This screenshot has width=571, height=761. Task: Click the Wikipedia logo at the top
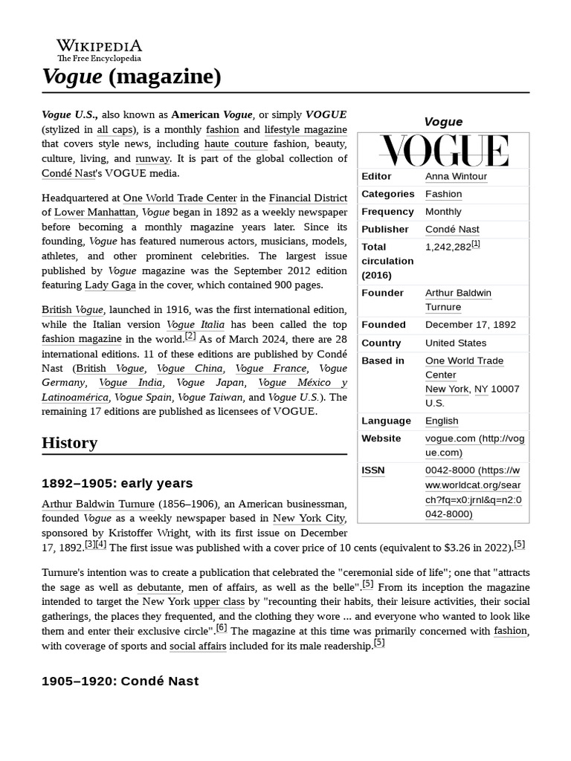99,50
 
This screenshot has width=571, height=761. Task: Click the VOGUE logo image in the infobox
443,150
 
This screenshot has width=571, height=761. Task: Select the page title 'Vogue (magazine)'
132,77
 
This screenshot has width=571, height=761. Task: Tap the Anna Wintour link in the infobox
456,176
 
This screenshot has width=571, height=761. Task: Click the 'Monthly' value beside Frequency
443,212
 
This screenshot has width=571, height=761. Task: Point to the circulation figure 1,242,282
448,247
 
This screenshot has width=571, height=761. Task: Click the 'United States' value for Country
456,343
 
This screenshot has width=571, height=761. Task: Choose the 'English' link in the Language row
442,421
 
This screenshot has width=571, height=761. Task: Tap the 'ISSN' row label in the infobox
373,470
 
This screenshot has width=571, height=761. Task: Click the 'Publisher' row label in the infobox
384,230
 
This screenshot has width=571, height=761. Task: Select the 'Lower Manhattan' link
95,212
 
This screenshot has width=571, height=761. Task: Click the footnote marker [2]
190,336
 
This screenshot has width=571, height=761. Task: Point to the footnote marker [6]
222,628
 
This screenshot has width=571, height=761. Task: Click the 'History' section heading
69,443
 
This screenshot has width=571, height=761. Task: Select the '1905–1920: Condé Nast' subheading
120,681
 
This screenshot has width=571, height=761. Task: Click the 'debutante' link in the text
159,586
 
